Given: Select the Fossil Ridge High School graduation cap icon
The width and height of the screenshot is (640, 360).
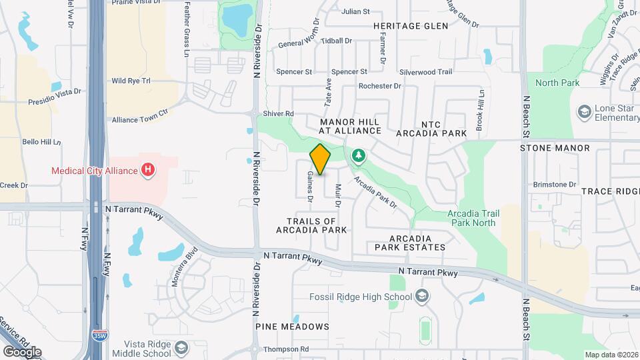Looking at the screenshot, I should click(x=421, y=296).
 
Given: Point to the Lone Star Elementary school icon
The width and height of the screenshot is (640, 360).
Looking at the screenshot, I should click(x=585, y=111).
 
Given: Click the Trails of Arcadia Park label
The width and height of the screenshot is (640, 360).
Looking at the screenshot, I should click(x=311, y=225).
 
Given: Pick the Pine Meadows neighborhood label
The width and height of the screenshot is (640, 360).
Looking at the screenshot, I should click(x=292, y=327).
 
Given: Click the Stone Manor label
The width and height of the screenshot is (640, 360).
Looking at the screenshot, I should click(x=555, y=148).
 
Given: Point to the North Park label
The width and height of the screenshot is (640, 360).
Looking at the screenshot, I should click(x=557, y=83).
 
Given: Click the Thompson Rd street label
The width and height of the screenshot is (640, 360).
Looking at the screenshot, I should click(x=286, y=349).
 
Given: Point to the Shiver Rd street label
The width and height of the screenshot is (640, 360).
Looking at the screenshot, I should click(x=278, y=114).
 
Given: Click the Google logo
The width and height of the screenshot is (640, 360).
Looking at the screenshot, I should click(x=22, y=351).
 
